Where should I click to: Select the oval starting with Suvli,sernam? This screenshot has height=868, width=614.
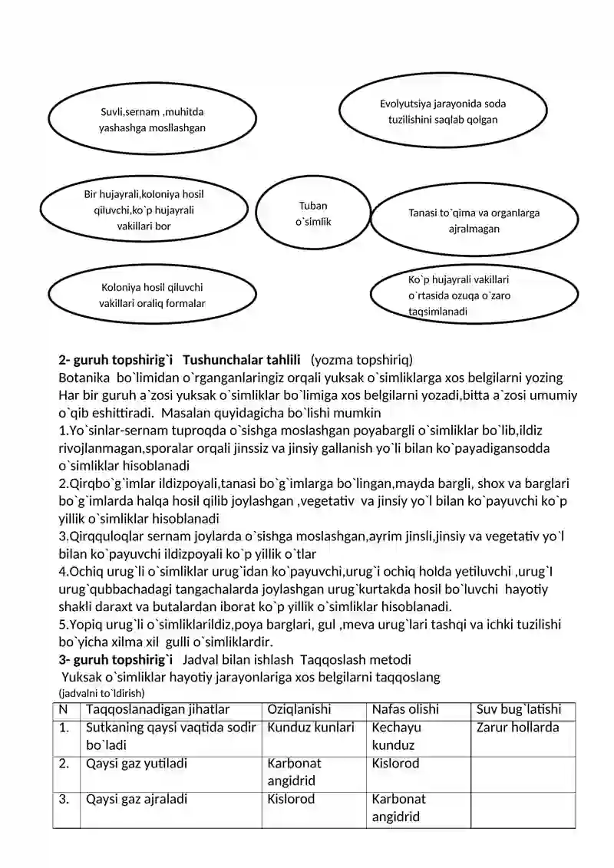tap(152, 119)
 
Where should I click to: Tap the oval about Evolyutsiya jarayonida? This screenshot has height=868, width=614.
tap(442, 111)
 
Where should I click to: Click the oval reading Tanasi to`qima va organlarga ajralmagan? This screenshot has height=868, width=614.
tap(474, 221)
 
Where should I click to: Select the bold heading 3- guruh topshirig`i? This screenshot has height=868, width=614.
tap(116, 659)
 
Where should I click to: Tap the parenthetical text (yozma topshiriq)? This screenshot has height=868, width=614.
tap(361, 359)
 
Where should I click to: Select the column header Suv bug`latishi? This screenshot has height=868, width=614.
tap(519, 710)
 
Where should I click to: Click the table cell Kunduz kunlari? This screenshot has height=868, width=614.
tap(311, 728)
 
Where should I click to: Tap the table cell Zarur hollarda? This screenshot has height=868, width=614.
tap(518, 728)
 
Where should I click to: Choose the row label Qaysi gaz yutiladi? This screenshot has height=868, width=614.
tap(137, 764)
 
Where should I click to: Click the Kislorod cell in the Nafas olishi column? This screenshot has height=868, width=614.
tap(395, 764)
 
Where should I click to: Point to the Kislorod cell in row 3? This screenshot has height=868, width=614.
tap(291, 799)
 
